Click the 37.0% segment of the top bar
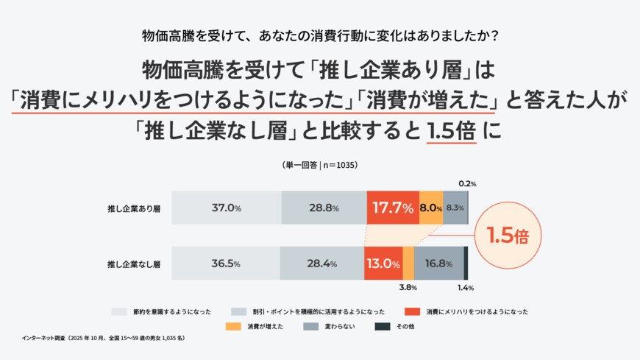coord(227,208)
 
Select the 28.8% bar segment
coord(324,208)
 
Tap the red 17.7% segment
coord(393,208)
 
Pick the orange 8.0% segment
coord(431,208)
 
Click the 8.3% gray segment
coord(455,208)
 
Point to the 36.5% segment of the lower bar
coord(226,264)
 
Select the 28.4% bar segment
coord(322,264)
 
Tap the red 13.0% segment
coord(383,264)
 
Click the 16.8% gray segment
coord(438,264)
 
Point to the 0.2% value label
coord(467,183)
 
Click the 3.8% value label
coord(409,288)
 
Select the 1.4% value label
coord(466,288)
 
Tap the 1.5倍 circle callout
coord(508,236)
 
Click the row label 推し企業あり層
coord(134,208)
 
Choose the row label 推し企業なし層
coord(134,264)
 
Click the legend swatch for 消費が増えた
coord(234,326)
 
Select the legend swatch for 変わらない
coord(310,326)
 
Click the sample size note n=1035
coord(319,165)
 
